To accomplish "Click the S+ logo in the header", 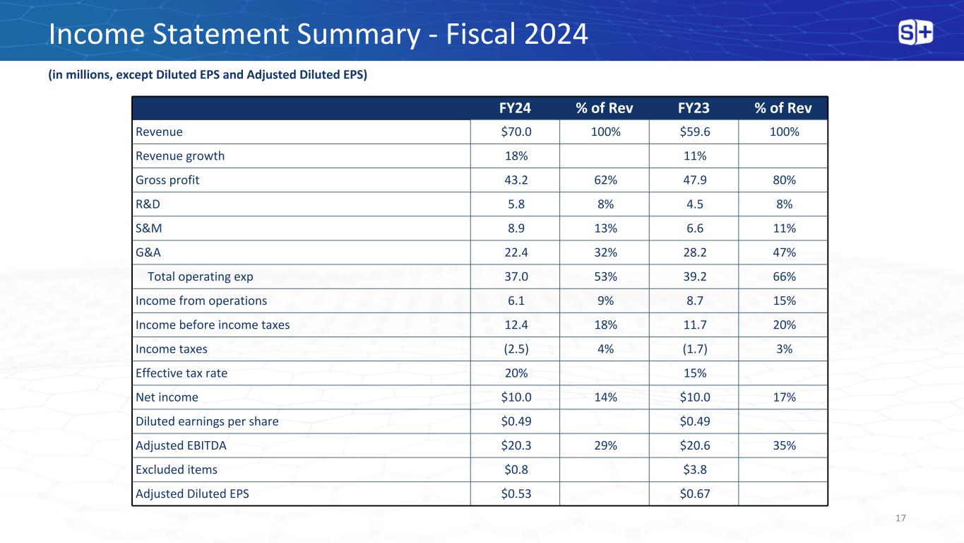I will (x=915, y=33).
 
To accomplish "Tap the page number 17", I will (x=900, y=519).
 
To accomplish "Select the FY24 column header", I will (x=515, y=108).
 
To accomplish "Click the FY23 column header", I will (x=694, y=108).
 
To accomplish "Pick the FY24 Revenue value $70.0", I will (x=515, y=132).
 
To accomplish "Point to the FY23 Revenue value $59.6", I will (x=694, y=132).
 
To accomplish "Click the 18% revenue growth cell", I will (x=515, y=156).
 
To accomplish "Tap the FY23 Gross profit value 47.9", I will (x=694, y=180).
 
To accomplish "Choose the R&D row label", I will (x=148, y=204).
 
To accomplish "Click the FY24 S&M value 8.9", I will (x=515, y=228).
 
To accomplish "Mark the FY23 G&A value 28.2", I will (x=694, y=252).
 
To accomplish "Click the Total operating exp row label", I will (x=200, y=276).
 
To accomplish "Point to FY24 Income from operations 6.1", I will (x=515, y=300).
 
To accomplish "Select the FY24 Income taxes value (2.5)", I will (x=515, y=349).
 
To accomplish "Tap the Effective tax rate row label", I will (x=182, y=373).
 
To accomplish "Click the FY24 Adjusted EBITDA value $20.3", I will (x=515, y=445).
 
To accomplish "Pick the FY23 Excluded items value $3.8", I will (x=694, y=469).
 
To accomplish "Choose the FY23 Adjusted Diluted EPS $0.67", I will (x=694, y=494).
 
